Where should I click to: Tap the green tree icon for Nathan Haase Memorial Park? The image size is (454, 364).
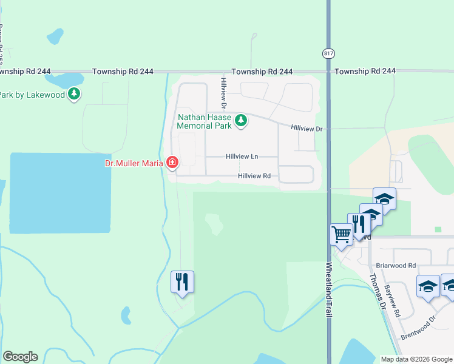(241, 121)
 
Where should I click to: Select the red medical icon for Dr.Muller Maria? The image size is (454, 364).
(172, 163)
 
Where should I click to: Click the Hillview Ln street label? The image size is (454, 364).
(242, 157)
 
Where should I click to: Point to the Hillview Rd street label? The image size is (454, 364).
(254, 176)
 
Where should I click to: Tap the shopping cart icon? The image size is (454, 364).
(341, 234)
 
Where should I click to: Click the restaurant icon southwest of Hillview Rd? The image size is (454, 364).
(182, 282)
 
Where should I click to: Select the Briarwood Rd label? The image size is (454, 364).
(395, 266)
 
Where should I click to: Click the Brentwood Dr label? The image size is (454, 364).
(418, 328)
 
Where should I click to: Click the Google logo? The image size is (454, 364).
(20, 357)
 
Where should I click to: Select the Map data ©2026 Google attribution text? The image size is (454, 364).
(416, 359)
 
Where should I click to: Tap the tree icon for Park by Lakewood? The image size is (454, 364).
(74, 95)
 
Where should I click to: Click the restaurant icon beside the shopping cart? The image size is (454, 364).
(359, 224)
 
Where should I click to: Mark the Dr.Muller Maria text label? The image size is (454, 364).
(133, 163)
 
